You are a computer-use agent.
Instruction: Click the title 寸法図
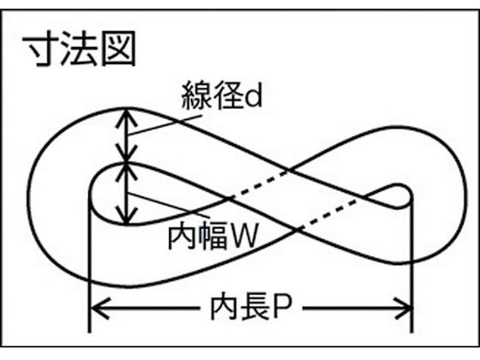(79, 49)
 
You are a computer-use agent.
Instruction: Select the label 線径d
(222, 94)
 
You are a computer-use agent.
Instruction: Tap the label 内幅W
(213, 236)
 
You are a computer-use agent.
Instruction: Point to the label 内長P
(251, 308)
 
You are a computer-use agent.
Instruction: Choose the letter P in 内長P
(283, 308)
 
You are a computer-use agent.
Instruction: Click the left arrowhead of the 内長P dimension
(100, 308)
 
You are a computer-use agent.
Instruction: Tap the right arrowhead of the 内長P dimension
(403, 308)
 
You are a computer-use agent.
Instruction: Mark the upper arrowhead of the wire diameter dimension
(126, 118)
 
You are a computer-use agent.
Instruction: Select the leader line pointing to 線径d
(165, 125)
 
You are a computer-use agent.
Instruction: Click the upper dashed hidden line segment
(260, 185)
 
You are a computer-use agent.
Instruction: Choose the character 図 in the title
(118, 49)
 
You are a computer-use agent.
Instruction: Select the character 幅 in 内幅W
(213, 236)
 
